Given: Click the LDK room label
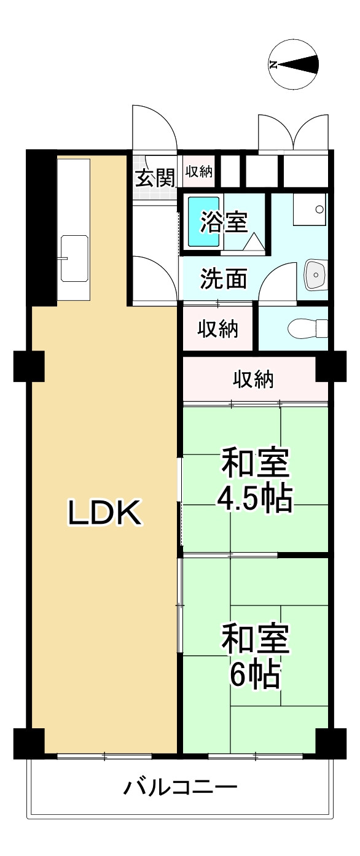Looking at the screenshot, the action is point(105,513).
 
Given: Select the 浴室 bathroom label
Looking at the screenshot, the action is point(224,222).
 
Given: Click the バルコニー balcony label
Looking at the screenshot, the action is point(181,787).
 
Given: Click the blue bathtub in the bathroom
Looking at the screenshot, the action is point(204,222).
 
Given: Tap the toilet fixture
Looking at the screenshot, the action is point(308,329).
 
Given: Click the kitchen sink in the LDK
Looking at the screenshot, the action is point(74,259).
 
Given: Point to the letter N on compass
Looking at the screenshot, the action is point(273,64).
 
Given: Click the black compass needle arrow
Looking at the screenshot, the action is point(299,64).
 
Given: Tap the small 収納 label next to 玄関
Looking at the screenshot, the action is point(198,171).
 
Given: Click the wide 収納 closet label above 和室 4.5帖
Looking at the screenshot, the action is point(254,379).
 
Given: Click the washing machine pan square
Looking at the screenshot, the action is point(310,209).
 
